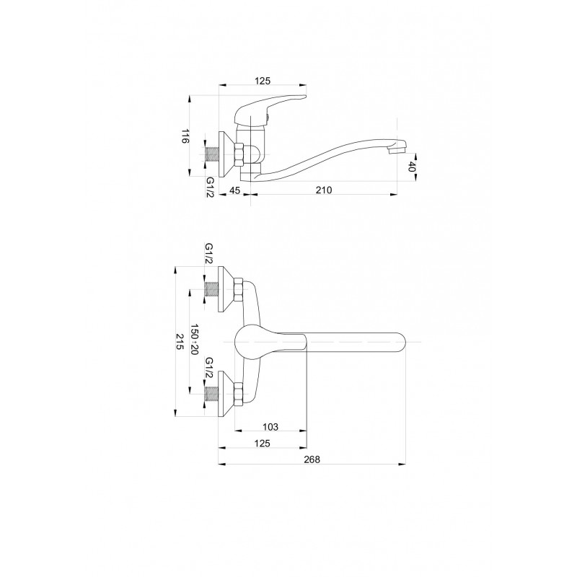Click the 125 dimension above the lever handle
pyautogui.click(x=263, y=81)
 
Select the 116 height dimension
pyautogui.click(x=185, y=136)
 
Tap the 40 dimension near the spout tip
pyautogui.click(x=412, y=167)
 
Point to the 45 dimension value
pyautogui.click(x=234, y=190)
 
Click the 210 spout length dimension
pyautogui.click(x=324, y=190)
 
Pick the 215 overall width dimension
pyautogui.click(x=180, y=341)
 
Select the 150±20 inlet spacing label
pyautogui.click(x=195, y=339)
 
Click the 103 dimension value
pyautogui.click(x=270, y=427)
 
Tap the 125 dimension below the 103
pyautogui.click(x=263, y=443)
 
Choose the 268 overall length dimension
pyautogui.click(x=312, y=459)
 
